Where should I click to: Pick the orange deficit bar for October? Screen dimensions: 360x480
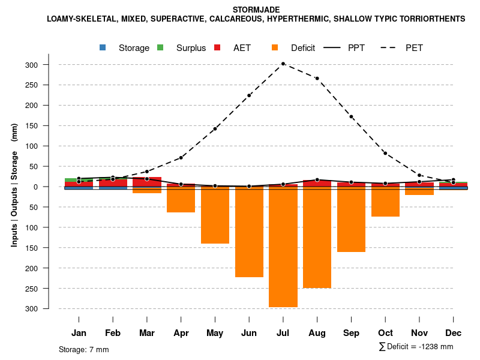click(385, 202)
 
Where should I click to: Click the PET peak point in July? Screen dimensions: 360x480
click(283, 64)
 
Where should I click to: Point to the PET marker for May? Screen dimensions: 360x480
click(215, 129)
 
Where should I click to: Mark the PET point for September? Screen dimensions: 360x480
click(351, 117)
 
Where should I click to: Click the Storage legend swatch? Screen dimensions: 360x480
click(103, 47)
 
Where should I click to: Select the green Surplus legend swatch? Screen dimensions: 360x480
click(160, 47)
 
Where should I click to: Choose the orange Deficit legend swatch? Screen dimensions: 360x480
click(275, 47)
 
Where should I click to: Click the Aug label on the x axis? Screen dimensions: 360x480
click(317, 333)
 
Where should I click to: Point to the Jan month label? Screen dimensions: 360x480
click(79, 333)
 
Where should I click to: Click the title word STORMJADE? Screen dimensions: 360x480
click(255, 9)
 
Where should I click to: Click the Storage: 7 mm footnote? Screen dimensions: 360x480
click(83, 349)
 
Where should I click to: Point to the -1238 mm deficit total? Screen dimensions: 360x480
click(436, 347)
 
